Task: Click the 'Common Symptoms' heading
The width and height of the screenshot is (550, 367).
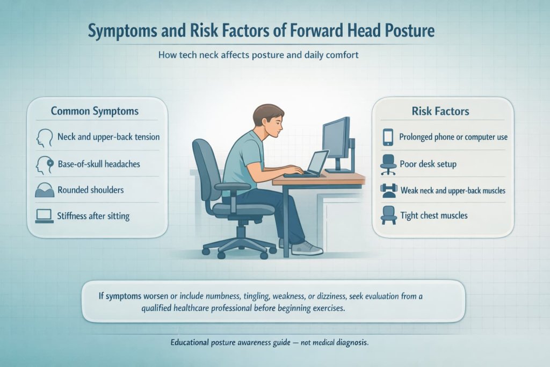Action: tap(95, 111)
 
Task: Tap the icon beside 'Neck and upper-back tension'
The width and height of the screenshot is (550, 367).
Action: tap(44, 138)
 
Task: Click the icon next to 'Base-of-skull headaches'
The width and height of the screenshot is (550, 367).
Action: tap(44, 164)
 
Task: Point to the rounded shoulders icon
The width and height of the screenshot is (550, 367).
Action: tap(44, 190)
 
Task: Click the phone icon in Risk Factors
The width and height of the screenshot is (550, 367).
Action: tap(387, 137)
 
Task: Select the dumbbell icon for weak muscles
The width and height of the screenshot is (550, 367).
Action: tap(387, 190)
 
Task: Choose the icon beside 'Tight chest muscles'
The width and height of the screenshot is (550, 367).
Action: tap(387, 216)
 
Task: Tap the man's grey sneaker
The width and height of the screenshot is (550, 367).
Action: tap(307, 248)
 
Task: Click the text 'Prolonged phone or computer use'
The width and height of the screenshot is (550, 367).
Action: tap(453, 137)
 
